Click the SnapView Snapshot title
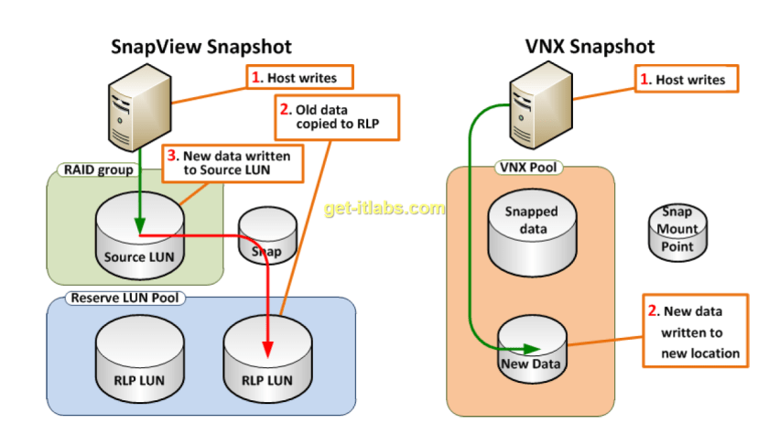[201, 47]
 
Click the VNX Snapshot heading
[590, 47]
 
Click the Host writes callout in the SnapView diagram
[299, 78]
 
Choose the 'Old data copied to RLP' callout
[337, 116]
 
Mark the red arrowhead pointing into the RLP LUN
[268, 349]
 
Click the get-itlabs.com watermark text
[384, 209]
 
